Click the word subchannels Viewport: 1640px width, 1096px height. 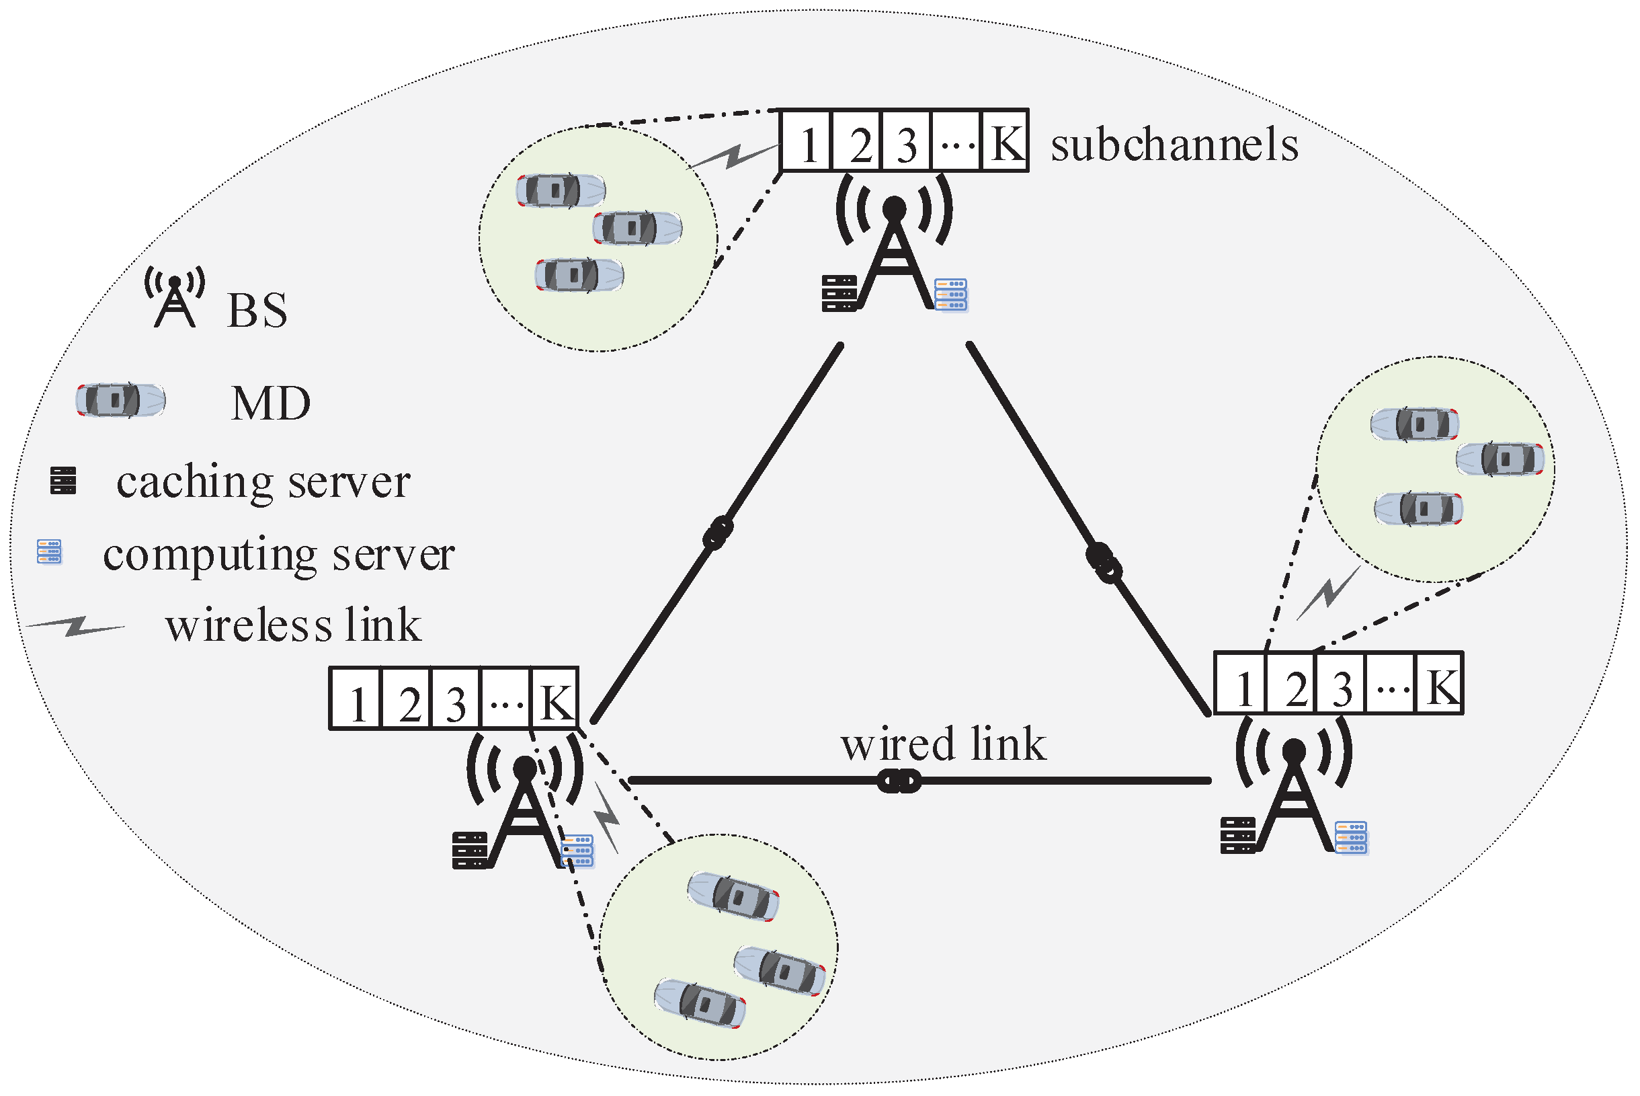click(x=1174, y=145)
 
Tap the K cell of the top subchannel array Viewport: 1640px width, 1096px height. click(x=1005, y=141)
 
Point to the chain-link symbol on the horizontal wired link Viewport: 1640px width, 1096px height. click(x=899, y=781)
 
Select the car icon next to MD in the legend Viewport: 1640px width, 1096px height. click(x=121, y=401)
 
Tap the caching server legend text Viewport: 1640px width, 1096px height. click(x=263, y=482)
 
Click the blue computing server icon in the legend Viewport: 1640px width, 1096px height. click(x=50, y=552)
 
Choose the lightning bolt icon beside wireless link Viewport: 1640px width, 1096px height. click(x=75, y=627)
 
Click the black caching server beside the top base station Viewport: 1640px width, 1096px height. click(x=839, y=294)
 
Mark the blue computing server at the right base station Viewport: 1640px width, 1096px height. click(x=1351, y=838)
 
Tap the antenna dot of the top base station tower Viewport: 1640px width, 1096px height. click(x=895, y=208)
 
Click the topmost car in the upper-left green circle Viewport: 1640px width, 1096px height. click(x=561, y=190)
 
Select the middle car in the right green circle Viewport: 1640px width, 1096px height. click(x=1500, y=459)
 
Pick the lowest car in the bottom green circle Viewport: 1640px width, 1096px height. click(x=700, y=1004)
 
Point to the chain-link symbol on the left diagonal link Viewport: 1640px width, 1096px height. click(x=718, y=534)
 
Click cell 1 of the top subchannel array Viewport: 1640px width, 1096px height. click(x=807, y=141)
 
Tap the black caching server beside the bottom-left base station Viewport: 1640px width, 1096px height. click(x=470, y=851)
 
